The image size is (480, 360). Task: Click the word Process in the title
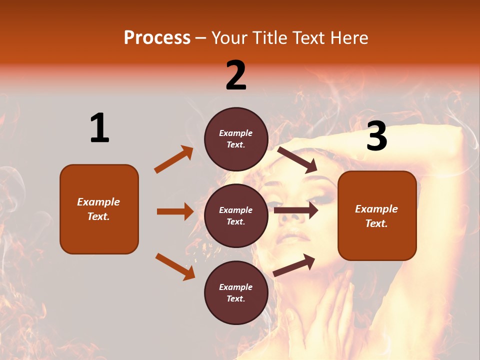point(157,38)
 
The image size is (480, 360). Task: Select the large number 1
point(99,128)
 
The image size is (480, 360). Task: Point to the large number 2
point(236,75)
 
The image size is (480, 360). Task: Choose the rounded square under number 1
point(99,209)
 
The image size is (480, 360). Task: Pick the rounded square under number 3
point(377,216)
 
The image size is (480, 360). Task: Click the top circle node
point(236,139)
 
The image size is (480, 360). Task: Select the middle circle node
point(236,215)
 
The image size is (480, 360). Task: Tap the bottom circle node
point(236,292)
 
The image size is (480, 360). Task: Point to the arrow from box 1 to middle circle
point(175,211)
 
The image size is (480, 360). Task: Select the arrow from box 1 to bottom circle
point(175,266)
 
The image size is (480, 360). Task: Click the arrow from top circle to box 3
point(297,159)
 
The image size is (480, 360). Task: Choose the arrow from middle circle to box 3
point(296,210)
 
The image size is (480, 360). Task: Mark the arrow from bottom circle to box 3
point(294,265)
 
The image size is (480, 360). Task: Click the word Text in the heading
point(308,38)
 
